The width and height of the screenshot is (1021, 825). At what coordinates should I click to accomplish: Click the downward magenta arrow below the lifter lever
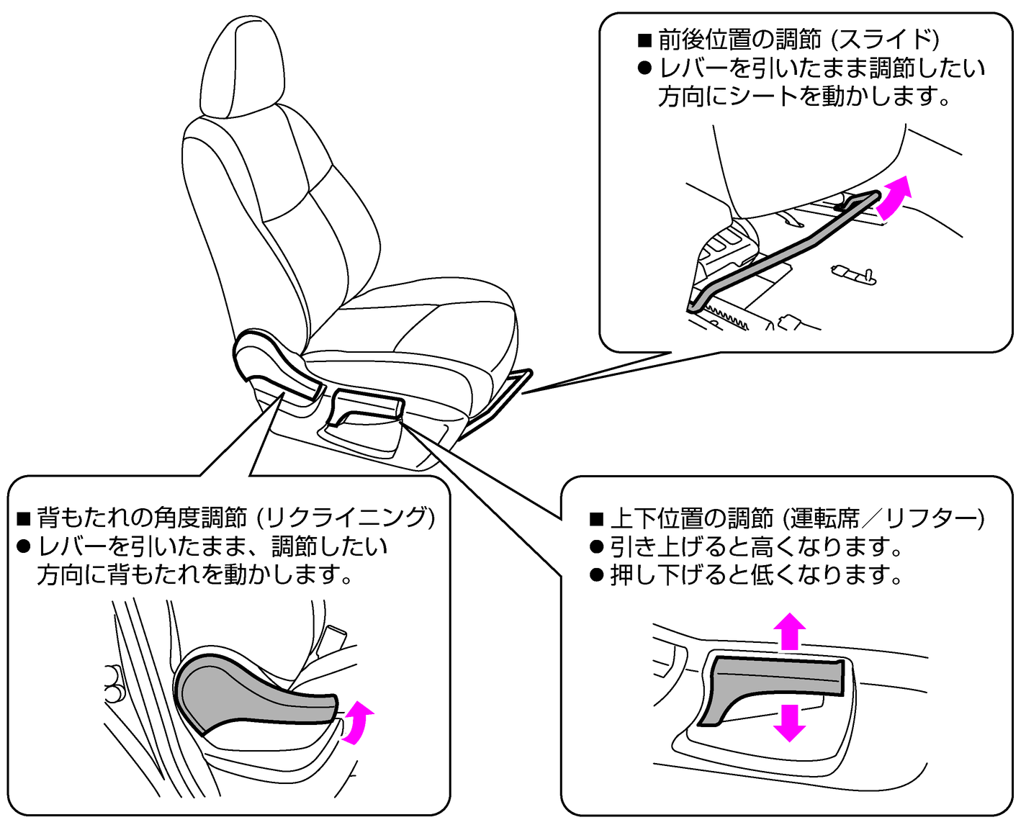[789, 722]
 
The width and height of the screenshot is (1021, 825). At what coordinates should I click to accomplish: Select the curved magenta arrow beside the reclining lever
[357, 722]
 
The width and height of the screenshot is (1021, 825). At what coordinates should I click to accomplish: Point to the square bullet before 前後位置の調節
[644, 40]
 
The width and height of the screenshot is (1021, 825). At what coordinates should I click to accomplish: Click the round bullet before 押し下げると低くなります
[596, 574]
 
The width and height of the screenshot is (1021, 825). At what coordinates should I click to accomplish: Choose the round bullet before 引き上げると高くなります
[596, 546]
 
